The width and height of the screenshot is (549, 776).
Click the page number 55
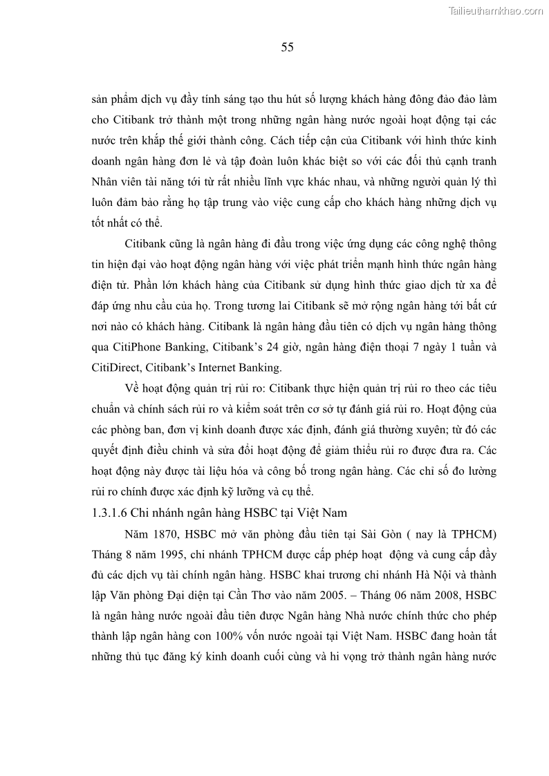(x=288, y=47)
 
